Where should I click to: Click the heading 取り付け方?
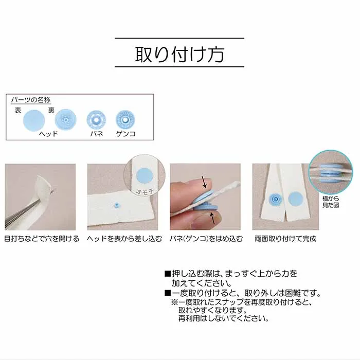tap(179, 55)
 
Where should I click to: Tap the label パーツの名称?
tap(31, 100)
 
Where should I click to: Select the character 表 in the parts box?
tap(18, 111)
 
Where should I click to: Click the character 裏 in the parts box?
tap(51, 111)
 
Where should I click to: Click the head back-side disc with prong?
tap(65, 120)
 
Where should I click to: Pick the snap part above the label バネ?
tap(96, 120)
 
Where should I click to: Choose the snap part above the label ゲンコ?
tap(125, 120)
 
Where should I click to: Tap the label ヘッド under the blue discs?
tap(48, 134)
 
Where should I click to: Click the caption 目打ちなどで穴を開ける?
tap(42, 239)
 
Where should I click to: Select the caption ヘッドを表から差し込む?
tap(124, 239)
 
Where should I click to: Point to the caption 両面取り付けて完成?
tap(285, 239)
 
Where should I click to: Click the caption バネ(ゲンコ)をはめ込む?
tap(206, 239)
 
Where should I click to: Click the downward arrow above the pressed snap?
tap(205, 182)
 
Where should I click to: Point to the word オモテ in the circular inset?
tap(145, 191)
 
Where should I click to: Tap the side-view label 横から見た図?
tap(331, 202)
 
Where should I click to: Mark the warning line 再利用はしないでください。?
tap(224, 318)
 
